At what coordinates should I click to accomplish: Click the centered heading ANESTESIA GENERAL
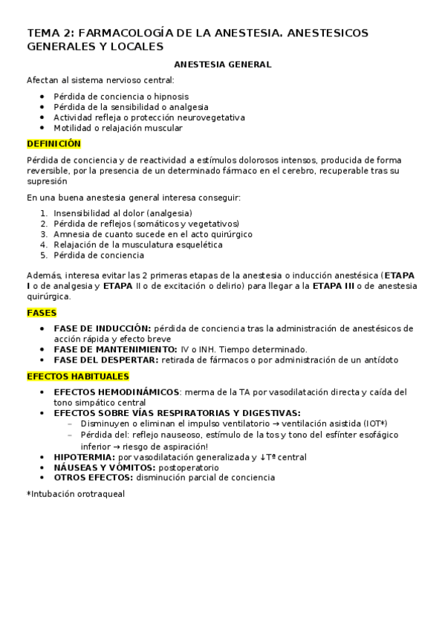tap(222, 65)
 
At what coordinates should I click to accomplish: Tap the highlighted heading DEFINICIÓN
tap(53, 143)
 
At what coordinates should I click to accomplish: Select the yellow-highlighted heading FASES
tap(41, 313)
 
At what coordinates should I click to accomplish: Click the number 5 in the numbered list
tap(45, 255)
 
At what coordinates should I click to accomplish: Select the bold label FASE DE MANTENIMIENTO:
tap(115, 349)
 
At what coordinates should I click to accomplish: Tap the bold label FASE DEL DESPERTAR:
tap(105, 360)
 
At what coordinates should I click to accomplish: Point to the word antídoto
tap(379, 360)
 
